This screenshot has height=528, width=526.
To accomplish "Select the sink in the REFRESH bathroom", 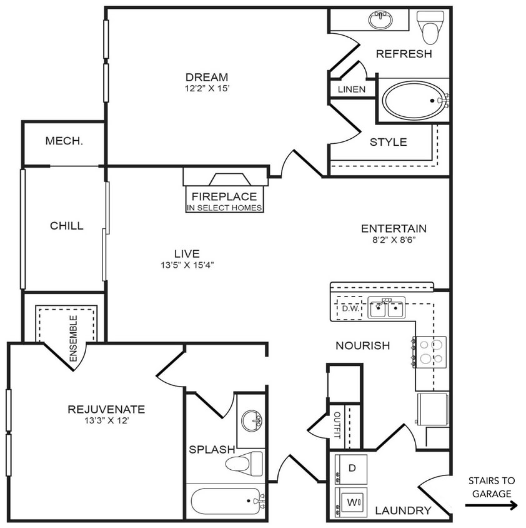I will click(379, 21).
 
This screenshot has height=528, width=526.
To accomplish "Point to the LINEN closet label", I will click(351, 89).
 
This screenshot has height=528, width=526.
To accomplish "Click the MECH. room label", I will click(64, 141).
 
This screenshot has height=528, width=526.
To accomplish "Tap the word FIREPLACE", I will click(224, 196).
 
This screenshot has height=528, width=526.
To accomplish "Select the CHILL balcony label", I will click(66, 226).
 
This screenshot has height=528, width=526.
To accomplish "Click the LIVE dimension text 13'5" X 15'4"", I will click(187, 265).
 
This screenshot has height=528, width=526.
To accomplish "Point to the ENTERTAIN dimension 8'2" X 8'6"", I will click(394, 240).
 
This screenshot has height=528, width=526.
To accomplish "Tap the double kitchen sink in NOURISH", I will click(385, 308).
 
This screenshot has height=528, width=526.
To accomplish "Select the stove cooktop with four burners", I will click(431, 351).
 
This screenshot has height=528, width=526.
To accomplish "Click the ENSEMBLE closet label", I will click(73, 338).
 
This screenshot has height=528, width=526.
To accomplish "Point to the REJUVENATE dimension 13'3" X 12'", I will click(106, 421).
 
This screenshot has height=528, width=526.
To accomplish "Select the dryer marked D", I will click(351, 469).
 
